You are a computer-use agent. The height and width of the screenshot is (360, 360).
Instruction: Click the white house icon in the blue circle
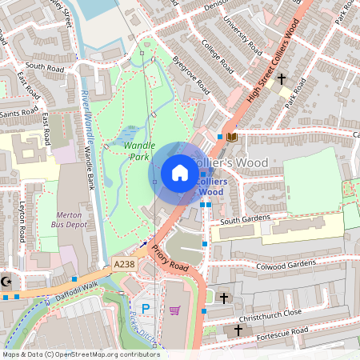180,173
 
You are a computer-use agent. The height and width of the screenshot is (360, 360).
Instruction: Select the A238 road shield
124,264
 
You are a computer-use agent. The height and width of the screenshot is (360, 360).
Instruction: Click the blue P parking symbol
146,308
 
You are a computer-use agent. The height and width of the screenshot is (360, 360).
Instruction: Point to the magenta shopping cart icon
175,310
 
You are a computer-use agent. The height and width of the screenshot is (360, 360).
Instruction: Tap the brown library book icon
232,138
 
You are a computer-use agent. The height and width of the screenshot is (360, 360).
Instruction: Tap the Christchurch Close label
268,312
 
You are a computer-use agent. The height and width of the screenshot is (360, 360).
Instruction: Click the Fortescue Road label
277,330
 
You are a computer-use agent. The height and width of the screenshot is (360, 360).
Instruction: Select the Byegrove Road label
196,74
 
